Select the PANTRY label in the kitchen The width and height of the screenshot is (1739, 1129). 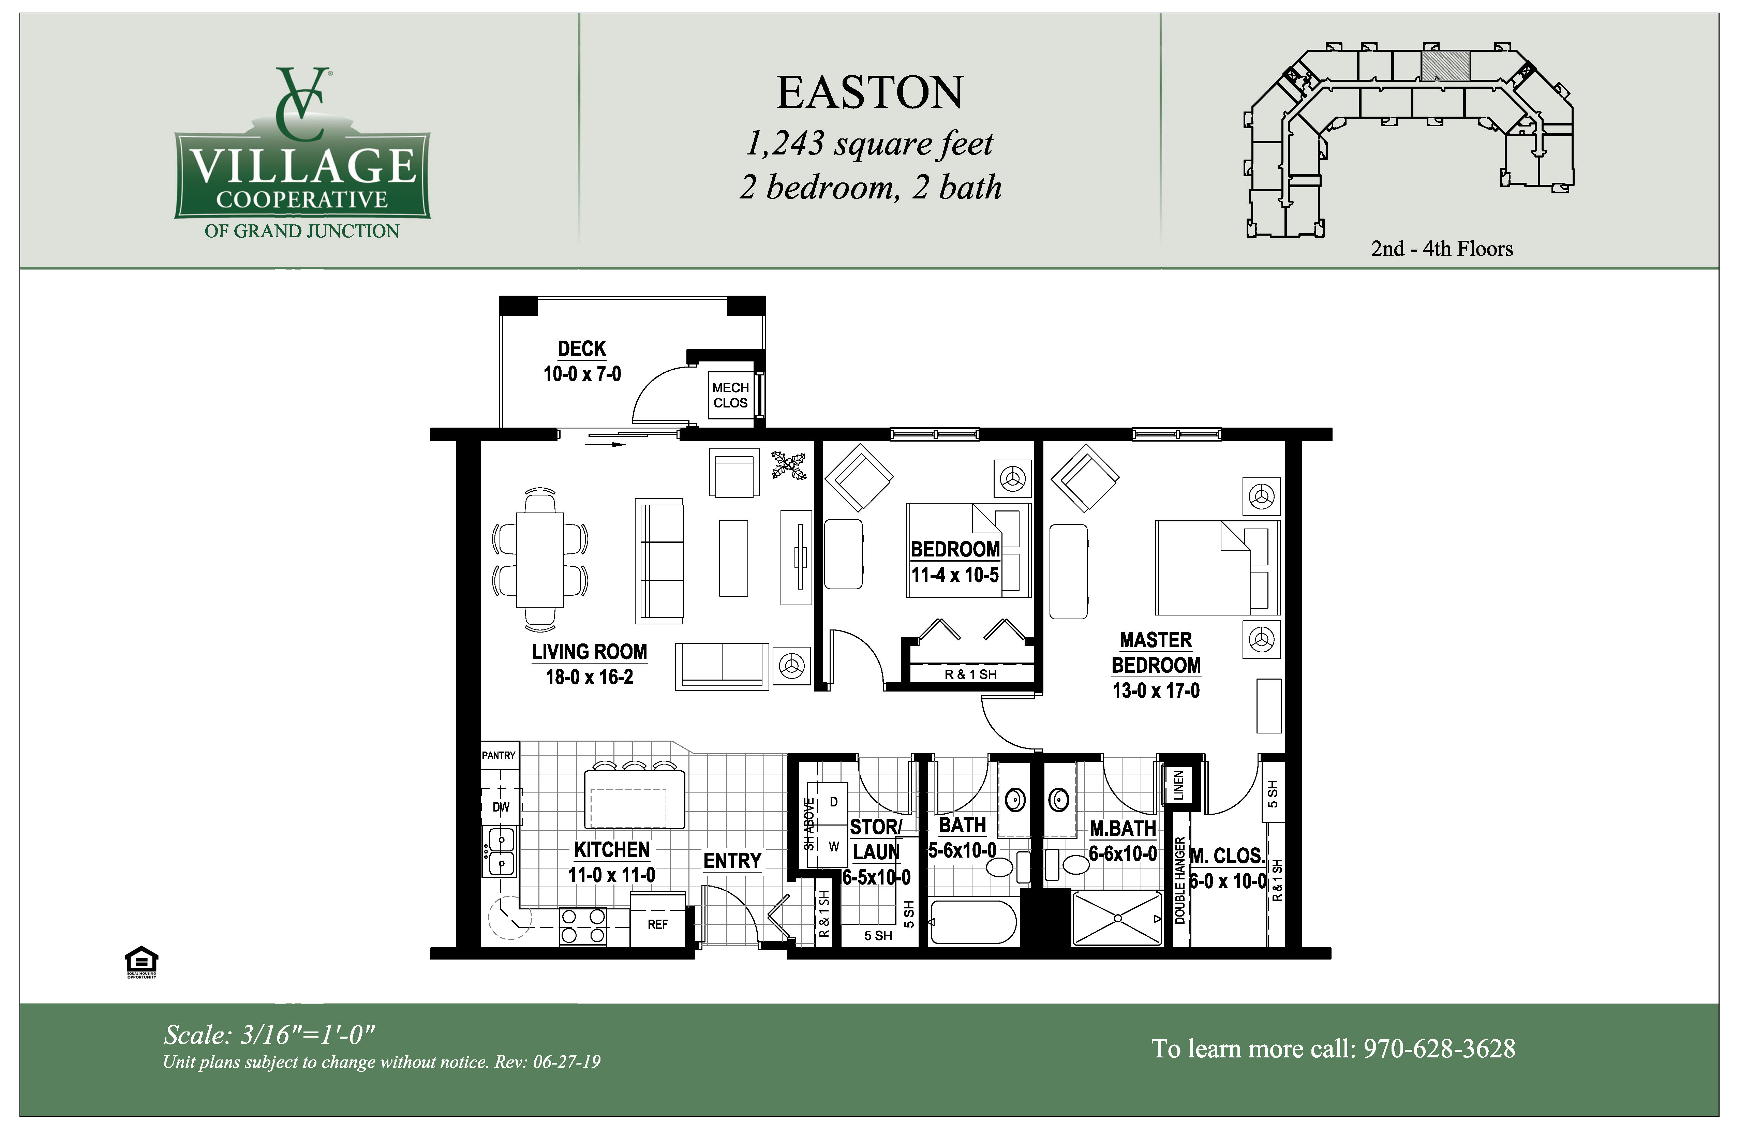click(498, 755)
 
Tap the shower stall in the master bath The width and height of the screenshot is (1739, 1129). click(1116, 918)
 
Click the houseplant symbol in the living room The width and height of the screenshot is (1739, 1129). click(789, 465)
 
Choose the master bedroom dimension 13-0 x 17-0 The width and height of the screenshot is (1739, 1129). click(1156, 690)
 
